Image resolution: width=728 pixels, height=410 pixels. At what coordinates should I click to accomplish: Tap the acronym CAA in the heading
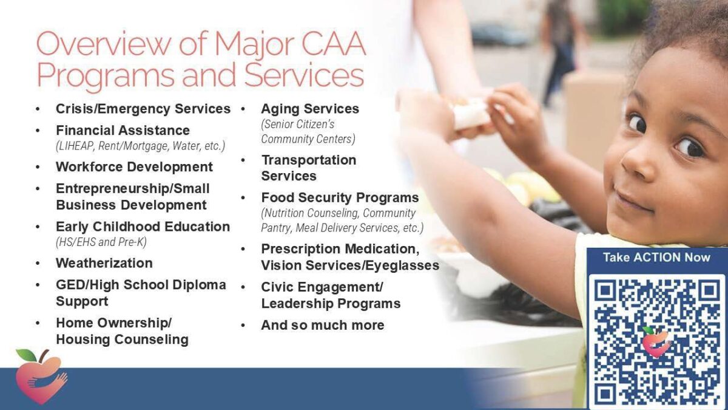[334, 44]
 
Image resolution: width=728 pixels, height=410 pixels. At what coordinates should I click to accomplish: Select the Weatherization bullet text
[104, 263]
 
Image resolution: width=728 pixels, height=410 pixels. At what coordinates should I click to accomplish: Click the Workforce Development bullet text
[134, 166]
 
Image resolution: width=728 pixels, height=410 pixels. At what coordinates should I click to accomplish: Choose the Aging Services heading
[310, 109]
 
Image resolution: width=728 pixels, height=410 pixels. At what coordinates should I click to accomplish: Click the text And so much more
[323, 325]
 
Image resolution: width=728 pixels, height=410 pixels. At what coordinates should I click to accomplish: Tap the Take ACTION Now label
[657, 258]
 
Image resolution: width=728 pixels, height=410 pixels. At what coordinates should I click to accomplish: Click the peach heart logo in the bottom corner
[41, 377]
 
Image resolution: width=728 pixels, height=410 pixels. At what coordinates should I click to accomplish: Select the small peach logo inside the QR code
[656, 341]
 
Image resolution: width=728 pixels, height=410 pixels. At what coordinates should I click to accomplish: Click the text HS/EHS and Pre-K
[101, 242]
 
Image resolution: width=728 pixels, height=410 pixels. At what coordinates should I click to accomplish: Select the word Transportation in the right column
[309, 160]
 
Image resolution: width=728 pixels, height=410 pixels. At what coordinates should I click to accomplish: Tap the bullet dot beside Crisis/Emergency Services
[38, 109]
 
